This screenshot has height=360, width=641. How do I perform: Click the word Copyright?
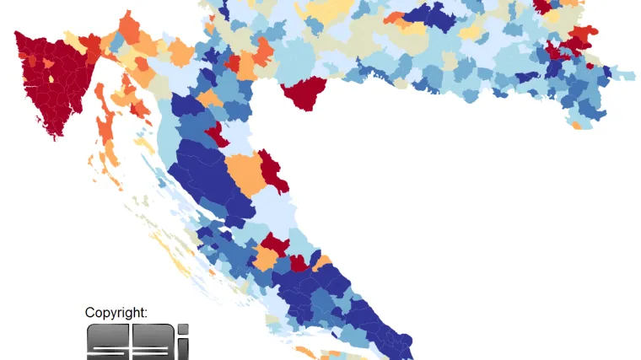[116, 313]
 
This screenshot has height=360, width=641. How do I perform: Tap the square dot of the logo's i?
[183, 330]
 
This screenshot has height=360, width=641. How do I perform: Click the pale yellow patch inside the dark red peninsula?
[51, 79]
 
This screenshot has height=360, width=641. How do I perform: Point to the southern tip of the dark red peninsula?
[57, 135]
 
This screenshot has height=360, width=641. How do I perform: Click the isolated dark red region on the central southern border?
[305, 92]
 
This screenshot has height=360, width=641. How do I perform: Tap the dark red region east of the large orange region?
[272, 169]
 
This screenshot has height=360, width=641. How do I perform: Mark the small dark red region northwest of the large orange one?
[216, 133]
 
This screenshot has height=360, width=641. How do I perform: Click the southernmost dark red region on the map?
[299, 263]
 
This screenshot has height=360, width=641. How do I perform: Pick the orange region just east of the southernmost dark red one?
[322, 262]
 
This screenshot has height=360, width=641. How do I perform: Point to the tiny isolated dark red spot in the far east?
[590, 66]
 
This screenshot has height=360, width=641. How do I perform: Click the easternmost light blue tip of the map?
[629, 76]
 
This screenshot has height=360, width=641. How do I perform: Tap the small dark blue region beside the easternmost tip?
[605, 74]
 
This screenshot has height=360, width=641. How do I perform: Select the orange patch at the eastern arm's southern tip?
[577, 125]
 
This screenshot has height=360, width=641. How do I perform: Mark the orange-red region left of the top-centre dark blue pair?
[394, 17]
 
